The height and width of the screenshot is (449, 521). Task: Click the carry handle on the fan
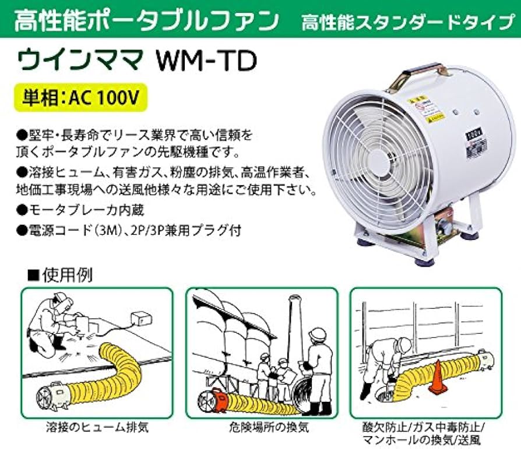pyautogui.click(x=417, y=77)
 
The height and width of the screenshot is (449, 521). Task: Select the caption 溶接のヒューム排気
pyautogui.click(x=96, y=427)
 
